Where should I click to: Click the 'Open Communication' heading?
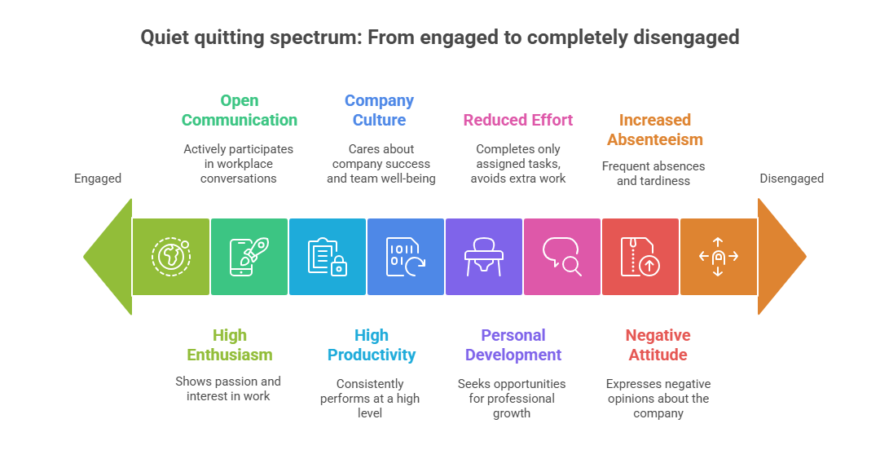[239, 110]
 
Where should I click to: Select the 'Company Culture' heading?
[379, 110]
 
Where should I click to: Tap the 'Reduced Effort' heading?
[518, 120]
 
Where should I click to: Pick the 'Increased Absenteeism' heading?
[654, 130]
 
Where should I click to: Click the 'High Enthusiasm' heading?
[229, 345]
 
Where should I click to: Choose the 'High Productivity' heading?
[371, 345]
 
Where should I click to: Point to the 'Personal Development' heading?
[513, 345]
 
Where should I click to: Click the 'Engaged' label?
[98, 179]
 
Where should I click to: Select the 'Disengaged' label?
[792, 179]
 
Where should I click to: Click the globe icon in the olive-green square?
[171, 256]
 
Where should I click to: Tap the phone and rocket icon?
[249, 256]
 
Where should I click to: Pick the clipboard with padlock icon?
[328, 256]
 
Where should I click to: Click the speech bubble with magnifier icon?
[562, 256]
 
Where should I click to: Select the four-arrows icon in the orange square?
[718, 256]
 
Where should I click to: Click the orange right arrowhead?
[780, 256]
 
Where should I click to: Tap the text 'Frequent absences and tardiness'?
[653, 174]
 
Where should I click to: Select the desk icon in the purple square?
[483, 256]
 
